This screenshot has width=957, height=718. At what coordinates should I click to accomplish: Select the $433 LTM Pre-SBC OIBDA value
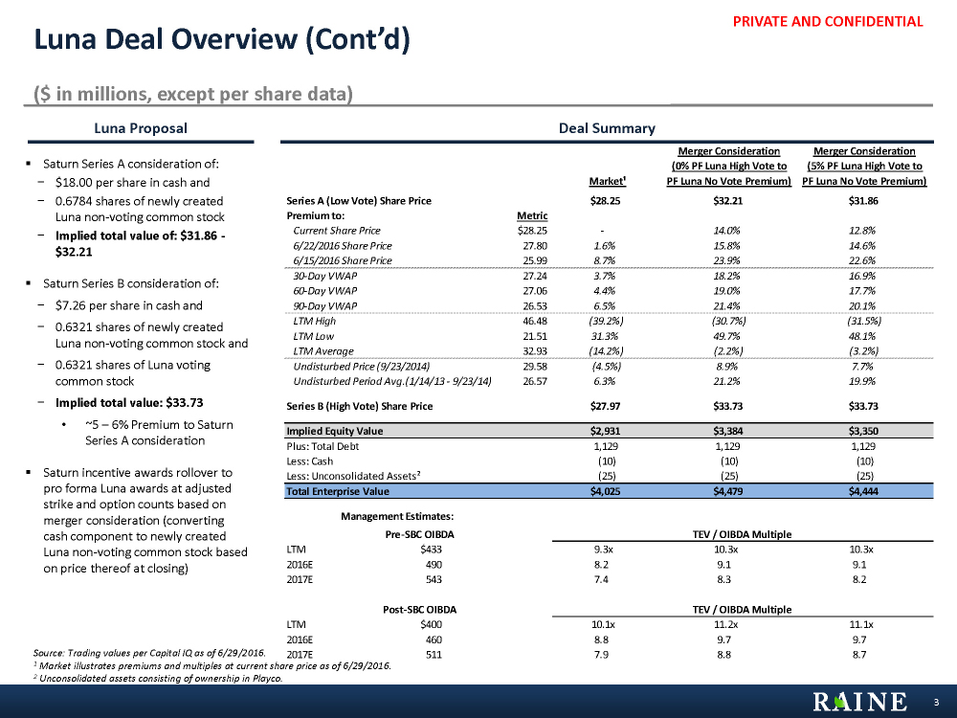tap(432, 550)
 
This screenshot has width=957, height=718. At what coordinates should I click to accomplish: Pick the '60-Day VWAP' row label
tap(320, 291)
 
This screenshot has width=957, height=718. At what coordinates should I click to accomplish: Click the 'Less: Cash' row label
tap(310, 460)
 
